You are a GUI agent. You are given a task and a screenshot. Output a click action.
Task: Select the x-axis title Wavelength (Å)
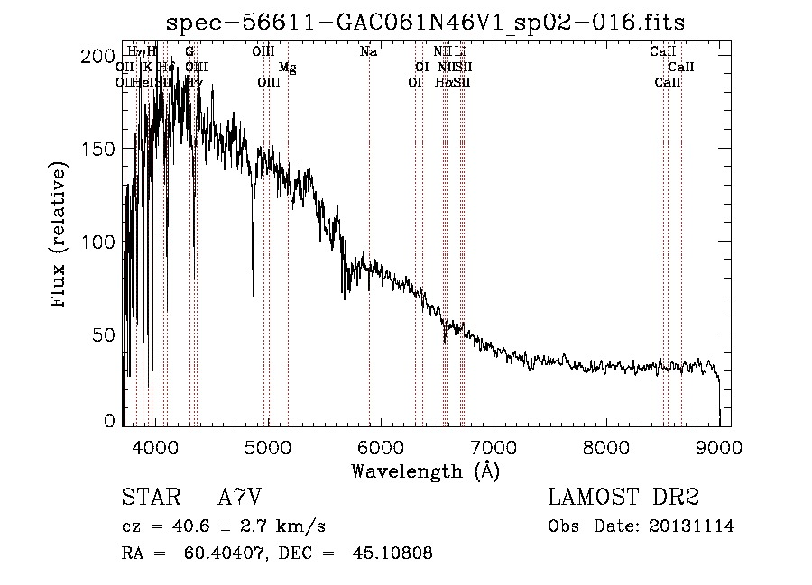point(425,471)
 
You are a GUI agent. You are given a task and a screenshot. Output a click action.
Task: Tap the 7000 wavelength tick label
point(494,446)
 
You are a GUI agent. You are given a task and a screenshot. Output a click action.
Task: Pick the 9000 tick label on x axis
point(719,446)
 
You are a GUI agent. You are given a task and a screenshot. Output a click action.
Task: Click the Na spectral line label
point(368,52)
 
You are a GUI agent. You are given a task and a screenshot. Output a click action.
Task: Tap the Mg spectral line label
point(287,68)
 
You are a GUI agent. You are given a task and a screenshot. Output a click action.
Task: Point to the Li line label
point(460,52)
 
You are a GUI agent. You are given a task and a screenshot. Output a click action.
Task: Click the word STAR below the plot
point(150,498)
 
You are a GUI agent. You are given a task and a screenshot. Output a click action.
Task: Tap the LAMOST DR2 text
point(623,498)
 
